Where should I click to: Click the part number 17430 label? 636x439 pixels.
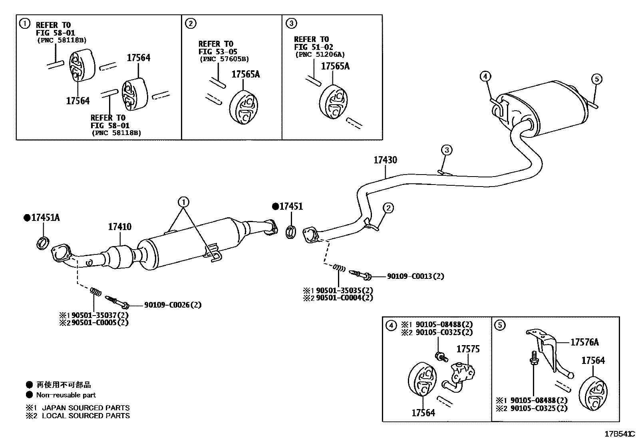(385, 160)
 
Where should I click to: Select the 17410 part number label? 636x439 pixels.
(119, 227)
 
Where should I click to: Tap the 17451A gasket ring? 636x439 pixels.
(44, 242)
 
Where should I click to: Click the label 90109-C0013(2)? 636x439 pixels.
(415, 276)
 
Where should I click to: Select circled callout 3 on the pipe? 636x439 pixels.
(447, 150)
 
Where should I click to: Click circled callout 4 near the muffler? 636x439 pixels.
(485, 76)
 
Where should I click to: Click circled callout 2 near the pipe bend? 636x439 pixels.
(388, 207)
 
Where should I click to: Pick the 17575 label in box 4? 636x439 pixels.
(468, 349)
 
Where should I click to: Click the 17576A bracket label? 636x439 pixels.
(584, 342)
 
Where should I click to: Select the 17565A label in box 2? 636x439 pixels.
(245, 74)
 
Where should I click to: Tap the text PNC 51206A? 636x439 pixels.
(320, 55)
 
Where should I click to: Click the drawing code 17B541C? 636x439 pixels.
(619, 434)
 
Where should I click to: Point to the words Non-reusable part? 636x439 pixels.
(66, 395)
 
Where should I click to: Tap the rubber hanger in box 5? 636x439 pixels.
(592, 393)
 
